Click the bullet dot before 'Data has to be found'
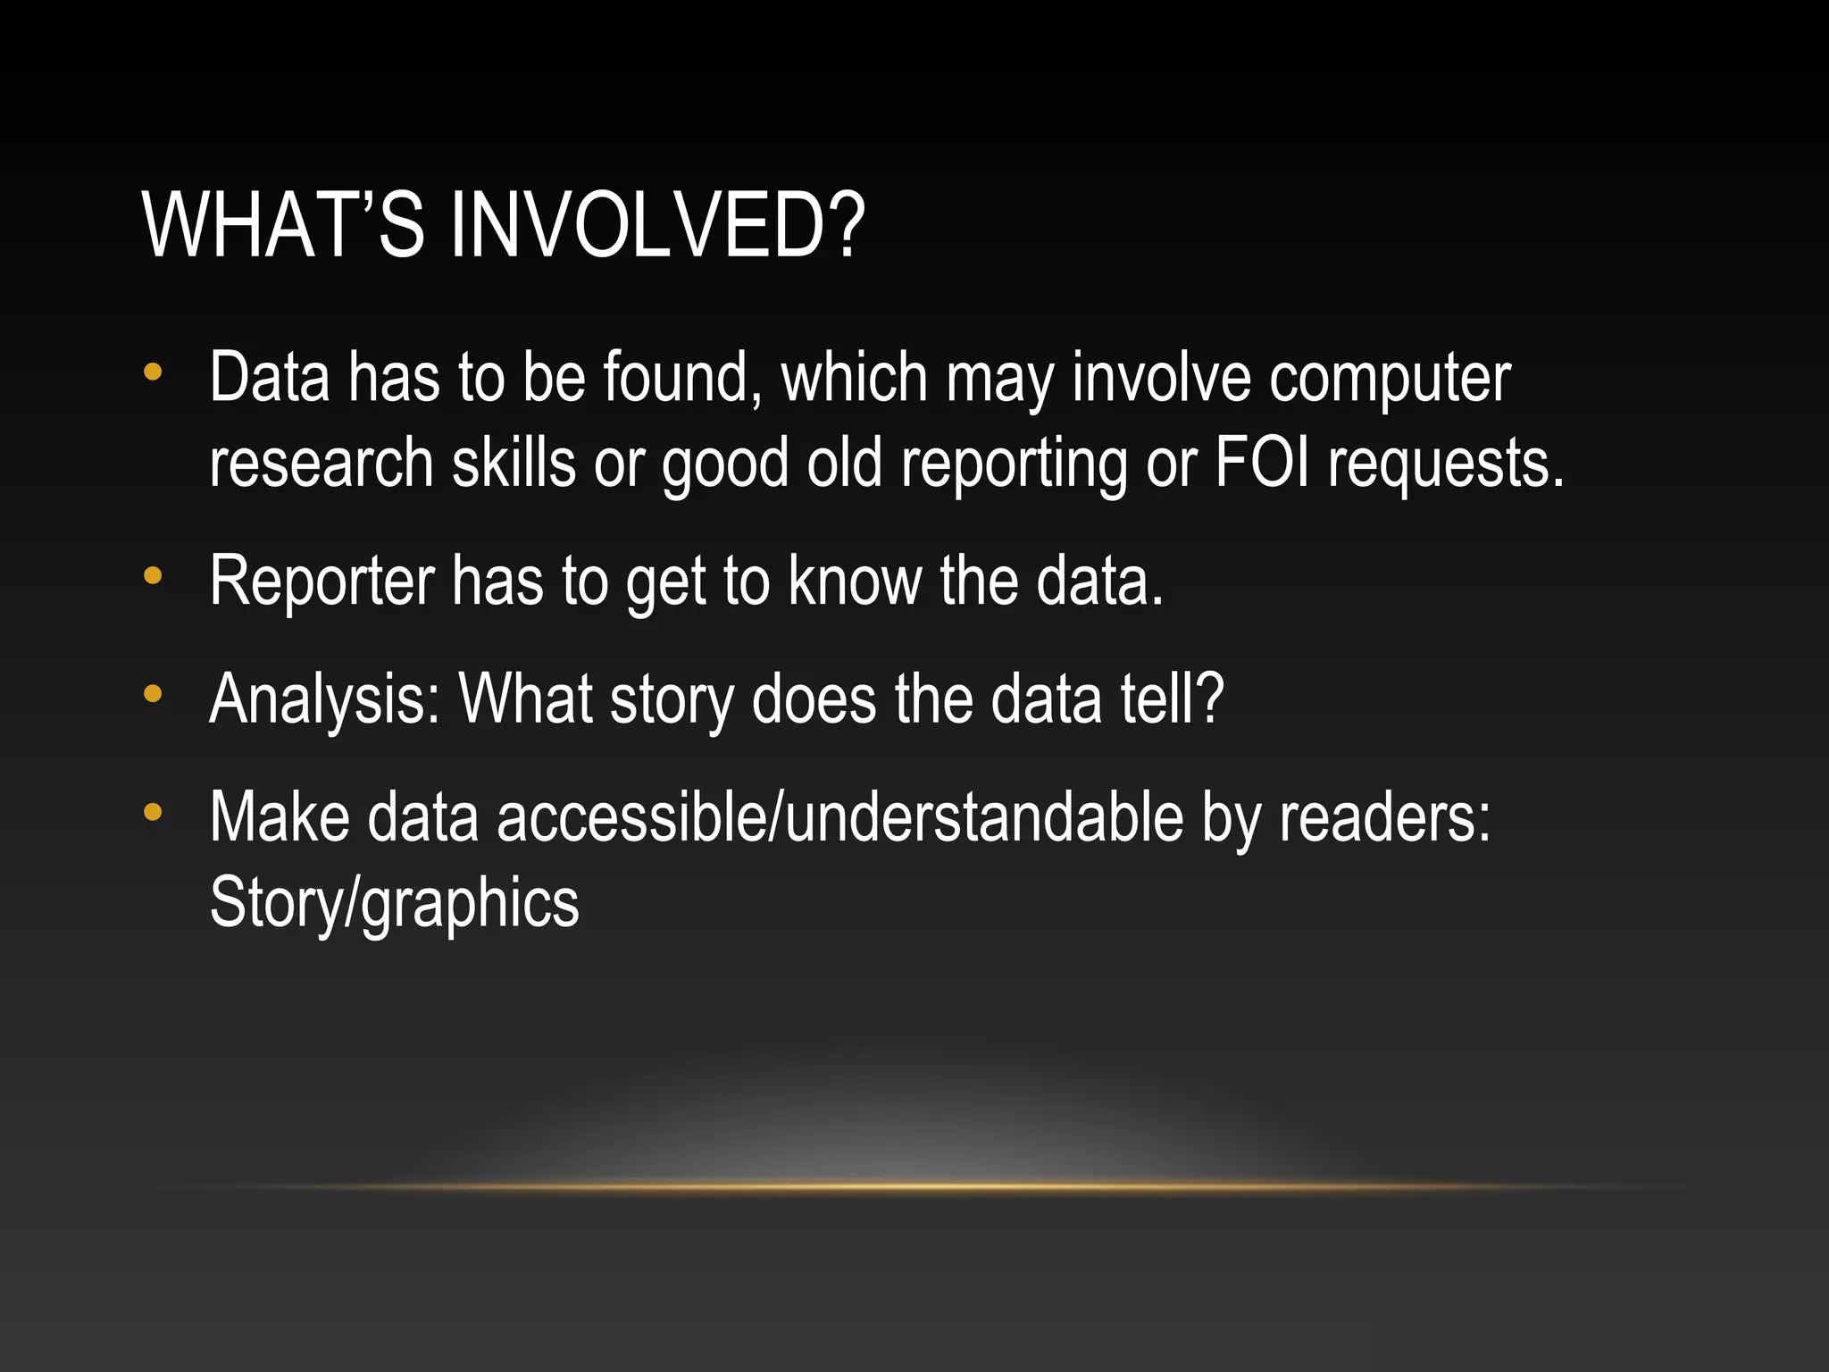pyautogui.click(x=154, y=372)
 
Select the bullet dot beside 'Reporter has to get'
pyautogui.click(x=154, y=576)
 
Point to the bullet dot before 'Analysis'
pyautogui.click(x=154, y=693)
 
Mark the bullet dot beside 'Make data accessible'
pyautogui.click(x=154, y=812)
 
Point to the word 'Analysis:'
pyautogui.click(x=325, y=700)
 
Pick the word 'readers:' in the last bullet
pyautogui.click(x=1385, y=817)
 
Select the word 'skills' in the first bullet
pyautogui.click(x=514, y=463)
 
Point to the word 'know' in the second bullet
pyautogui.click(x=855, y=581)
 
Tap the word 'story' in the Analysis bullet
pyautogui.click(x=671, y=700)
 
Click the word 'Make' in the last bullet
pyautogui.click(x=280, y=817)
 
